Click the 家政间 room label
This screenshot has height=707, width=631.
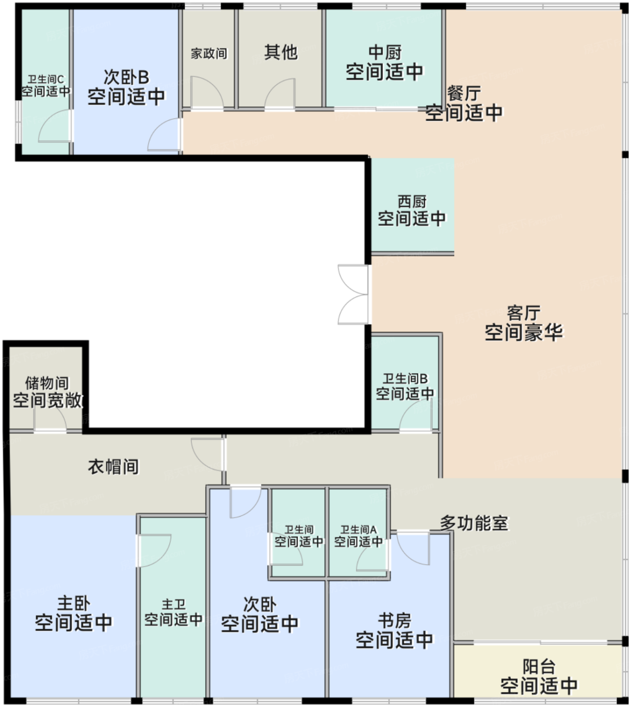point(209,54)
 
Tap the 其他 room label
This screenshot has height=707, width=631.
point(280,52)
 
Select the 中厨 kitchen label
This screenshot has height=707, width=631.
point(384,52)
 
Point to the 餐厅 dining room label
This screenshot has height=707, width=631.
point(463,93)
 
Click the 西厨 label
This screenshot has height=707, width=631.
point(412,202)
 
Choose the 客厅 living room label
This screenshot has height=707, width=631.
point(523,313)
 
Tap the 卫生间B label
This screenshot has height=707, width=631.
point(405,379)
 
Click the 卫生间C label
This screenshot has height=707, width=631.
point(45,79)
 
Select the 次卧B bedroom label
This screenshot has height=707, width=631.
point(126,77)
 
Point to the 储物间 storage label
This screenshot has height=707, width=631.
point(46,383)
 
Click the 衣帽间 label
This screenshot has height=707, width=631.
point(113,467)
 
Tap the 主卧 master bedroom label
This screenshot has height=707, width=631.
point(73,603)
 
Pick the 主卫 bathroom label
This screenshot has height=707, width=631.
point(173,604)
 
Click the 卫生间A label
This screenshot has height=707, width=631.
point(358,530)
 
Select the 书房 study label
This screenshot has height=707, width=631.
point(394,620)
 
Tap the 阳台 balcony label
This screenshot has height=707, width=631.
point(539,667)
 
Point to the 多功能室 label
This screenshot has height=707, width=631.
point(473,523)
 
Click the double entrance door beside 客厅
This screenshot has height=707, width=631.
point(354,294)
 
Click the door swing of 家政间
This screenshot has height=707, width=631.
point(206,92)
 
